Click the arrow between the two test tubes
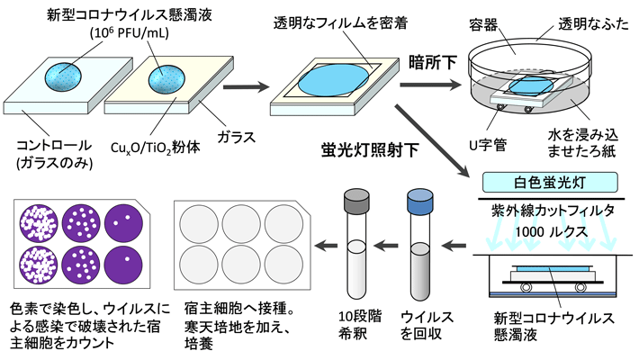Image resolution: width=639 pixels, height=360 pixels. [x=388, y=243]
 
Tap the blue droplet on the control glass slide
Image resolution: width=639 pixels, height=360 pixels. [x=67, y=75]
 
